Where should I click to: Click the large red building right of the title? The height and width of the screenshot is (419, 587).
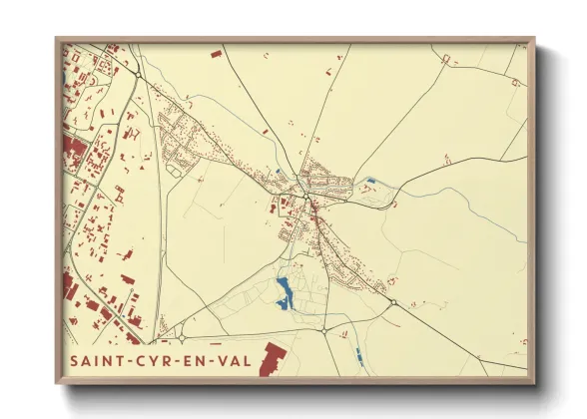point(271,359)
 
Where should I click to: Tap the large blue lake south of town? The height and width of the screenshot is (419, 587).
point(284,291)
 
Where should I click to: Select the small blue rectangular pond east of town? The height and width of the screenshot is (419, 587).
point(371,181)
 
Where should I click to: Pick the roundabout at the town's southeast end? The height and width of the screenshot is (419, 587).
point(393,302)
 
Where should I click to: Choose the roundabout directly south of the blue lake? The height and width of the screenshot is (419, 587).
point(323,330)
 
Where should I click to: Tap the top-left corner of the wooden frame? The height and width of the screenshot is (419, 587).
point(57,39)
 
